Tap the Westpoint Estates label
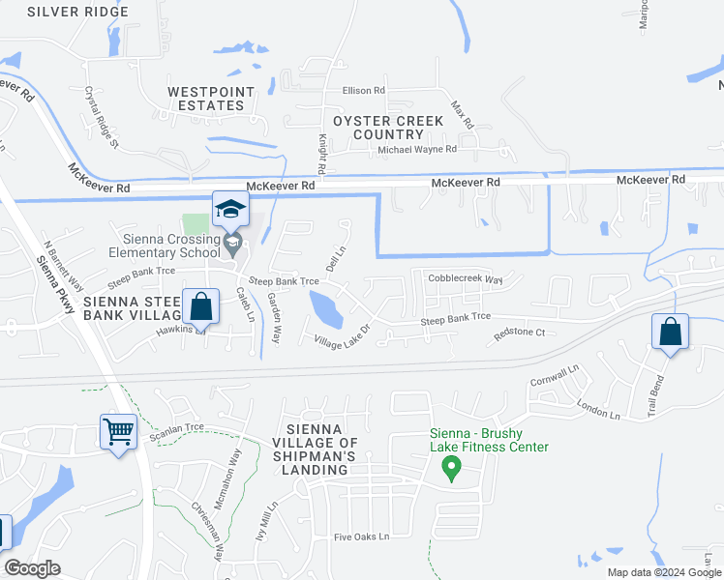(x=205, y=99)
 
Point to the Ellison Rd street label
(x=363, y=91)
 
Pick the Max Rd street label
(x=463, y=115)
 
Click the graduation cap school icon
(x=231, y=208)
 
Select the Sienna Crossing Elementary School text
(x=172, y=246)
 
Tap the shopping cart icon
(x=119, y=431)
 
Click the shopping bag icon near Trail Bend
(x=670, y=331)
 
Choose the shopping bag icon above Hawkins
(x=200, y=307)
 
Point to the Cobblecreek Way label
(x=465, y=279)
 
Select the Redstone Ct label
(x=520, y=333)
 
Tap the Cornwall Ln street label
(x=555, y=376)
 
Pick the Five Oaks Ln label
(x=361, y=536)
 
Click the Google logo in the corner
(x=32, y=568)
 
